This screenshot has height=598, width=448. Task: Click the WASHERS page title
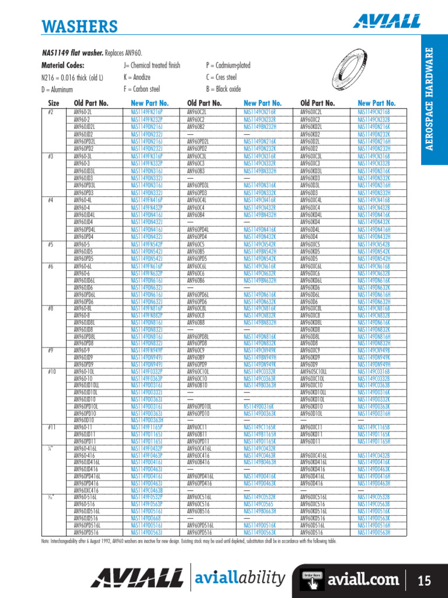point(80,26)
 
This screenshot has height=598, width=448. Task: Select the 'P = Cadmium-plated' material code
point(228,65)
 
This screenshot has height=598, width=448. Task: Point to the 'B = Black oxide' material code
point(223,89)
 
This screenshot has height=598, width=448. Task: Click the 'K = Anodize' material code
point(137,77)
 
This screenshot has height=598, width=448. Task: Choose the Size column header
point(54,103)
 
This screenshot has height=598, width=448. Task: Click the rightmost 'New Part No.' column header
point(376,103)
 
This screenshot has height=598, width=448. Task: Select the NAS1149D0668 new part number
point(146,518)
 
